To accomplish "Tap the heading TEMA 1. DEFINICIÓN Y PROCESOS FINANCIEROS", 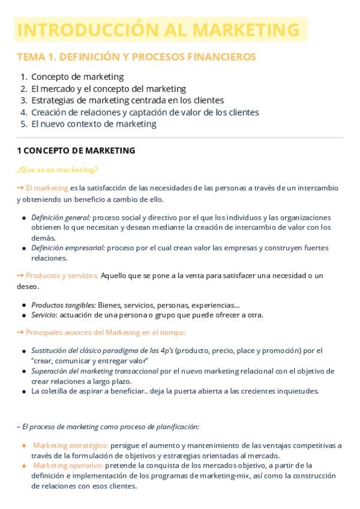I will tap(136, 57).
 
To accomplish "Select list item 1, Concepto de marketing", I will tap(77, 77).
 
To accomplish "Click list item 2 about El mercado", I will tap(108, 89).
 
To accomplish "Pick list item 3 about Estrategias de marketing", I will tap(127, 100).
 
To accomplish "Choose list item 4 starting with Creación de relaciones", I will tap(145, 112).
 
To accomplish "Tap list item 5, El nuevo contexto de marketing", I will tap(94, 124).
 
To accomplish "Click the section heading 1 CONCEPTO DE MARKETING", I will tap(76, 151).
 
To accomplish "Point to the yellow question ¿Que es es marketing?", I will tap(58, 170).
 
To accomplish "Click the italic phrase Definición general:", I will tap(61, 217).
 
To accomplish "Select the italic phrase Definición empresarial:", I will tap(68, 248).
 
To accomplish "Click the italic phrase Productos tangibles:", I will tap(63, 305).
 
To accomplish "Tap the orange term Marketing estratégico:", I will tap(70, 445).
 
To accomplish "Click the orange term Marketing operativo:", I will tap(68, 465).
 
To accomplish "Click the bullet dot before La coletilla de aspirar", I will tap(23, 392).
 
